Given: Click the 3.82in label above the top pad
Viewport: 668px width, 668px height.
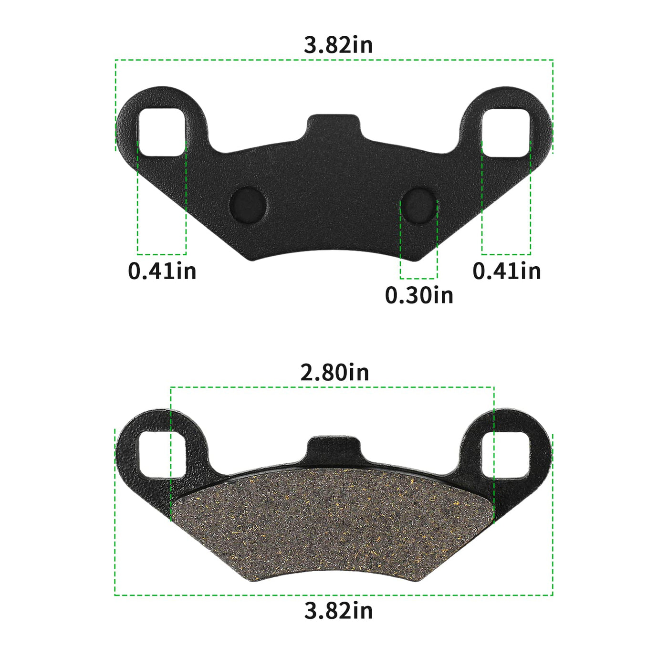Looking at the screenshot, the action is point(338,45).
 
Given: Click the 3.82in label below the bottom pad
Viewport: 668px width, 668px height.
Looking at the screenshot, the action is point(338,610).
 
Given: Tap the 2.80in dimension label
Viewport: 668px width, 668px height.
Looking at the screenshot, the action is point(334,372).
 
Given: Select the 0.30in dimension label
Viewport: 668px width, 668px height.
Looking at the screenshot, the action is point(419,295).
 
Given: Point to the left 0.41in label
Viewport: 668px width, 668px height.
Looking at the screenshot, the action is point(162,271).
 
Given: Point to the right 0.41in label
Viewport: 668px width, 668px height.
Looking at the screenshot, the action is point(506,271).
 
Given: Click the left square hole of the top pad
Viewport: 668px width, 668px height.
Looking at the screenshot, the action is point(162,132).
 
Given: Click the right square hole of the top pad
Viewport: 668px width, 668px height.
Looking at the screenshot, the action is point(506,132).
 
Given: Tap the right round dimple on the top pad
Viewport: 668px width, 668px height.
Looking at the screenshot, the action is point(418,206).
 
